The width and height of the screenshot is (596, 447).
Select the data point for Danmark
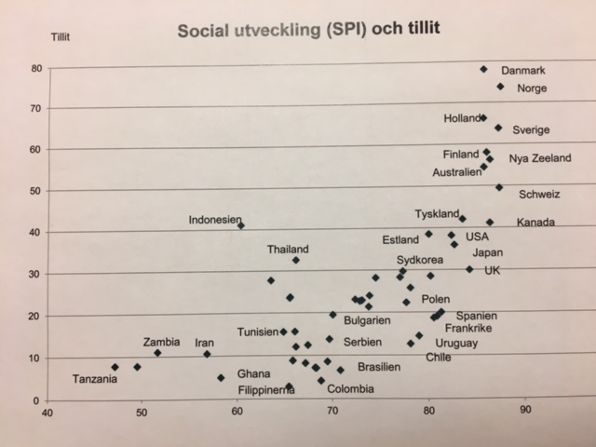[x=483, y=69]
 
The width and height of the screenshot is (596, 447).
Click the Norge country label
[x=532, y=88]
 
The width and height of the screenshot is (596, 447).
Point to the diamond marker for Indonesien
[x=241, y=225]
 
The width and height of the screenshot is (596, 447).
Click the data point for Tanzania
[x=115, y=367]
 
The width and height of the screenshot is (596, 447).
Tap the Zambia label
[x=161, y=342]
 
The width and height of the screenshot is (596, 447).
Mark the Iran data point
[x=207, y=354]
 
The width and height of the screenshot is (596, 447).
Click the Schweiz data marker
[x=499, y=187]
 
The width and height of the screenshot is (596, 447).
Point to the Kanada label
[x=536, y=223]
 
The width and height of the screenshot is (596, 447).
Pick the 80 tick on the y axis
[x=34, y=69]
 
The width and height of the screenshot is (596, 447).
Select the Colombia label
[x=350, y=389]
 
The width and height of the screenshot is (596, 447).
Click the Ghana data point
[x=221, y=377]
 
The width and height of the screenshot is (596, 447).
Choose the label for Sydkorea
[x=420, y=260]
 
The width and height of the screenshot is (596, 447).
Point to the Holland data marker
[x=483, y=118]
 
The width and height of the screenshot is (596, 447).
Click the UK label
[x=493, y=270]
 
